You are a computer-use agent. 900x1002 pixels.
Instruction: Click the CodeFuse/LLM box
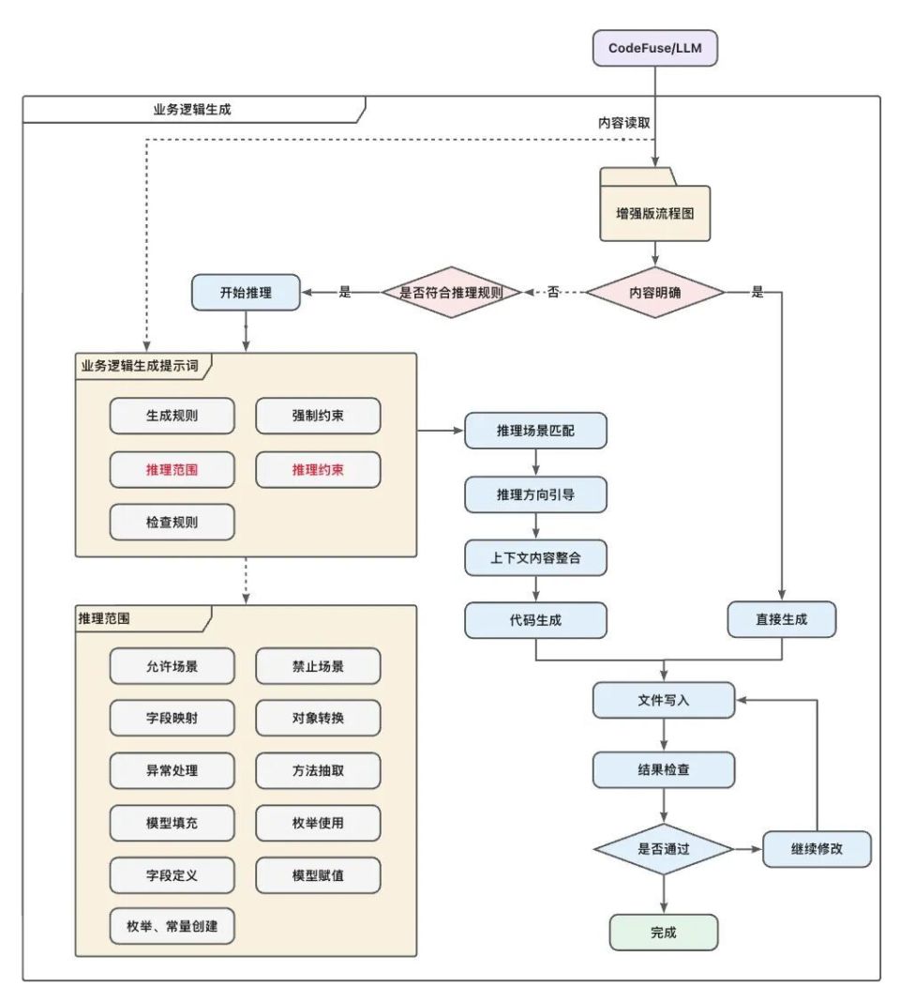click(655, 48)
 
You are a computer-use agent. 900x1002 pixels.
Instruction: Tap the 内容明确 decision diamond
click(655, 292)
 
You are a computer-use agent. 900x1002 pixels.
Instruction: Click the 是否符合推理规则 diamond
click(450, 292)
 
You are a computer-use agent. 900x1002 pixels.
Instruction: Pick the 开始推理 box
click(245, 292)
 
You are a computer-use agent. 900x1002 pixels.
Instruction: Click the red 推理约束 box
click(318, 469)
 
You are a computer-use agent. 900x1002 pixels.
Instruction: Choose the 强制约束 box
click(318, 416)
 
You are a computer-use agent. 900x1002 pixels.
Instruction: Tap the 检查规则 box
click(172, 523)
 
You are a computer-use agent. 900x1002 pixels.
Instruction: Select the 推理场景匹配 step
click(535, 432)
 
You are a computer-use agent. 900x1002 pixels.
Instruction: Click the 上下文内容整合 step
click(535, 557)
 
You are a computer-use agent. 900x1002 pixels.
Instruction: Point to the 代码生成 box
click(535, 620)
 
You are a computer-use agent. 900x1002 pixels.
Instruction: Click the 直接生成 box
click(781, 620)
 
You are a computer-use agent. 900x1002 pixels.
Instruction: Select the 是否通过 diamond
click(663, 850)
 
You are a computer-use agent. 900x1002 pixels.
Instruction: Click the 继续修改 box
click(817, 850)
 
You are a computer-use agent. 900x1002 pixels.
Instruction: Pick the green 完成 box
click(663, 933)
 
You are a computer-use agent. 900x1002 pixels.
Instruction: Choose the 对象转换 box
click(318, 719)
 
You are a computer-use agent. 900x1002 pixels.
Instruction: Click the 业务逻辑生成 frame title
click(191, 109)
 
